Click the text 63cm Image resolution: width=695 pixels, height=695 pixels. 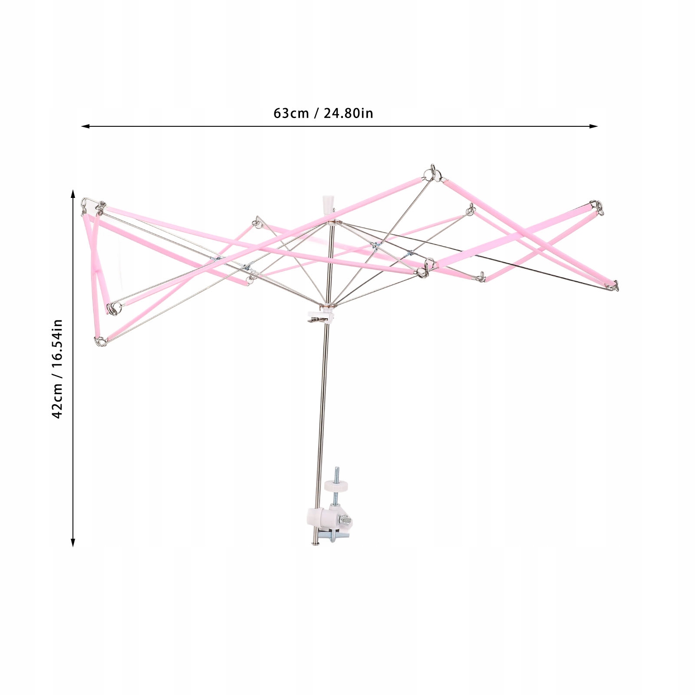click(x=291, y=113)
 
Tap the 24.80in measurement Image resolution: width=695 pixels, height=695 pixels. click(x=348, y=113)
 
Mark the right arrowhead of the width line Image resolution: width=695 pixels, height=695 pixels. click(x=594, y=126)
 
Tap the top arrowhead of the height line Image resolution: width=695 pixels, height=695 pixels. click(x=73, y=194)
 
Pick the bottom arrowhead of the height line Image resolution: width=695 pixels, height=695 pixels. click(x=73, y=542)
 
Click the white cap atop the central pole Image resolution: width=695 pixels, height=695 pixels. click(x=328, y=204)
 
